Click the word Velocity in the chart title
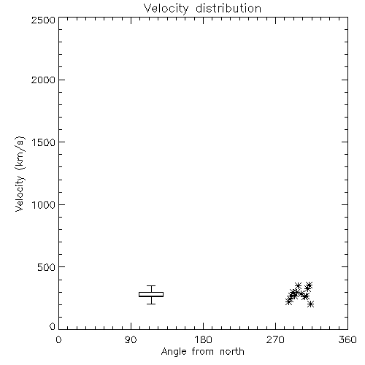(x=166, y=9)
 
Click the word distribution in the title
(x=228, y=8)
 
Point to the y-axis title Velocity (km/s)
(x=20, y=174)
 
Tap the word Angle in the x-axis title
(x=174, y=352)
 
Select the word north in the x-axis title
(x=232, y=351)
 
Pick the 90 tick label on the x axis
(x=131, y=339)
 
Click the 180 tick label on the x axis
(x=203, y=339)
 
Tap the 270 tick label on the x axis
(x=275, y=339)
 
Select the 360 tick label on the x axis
(x=347, y=339)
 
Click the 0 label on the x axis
(x=58, y=339)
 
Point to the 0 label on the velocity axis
(x=53, y=326)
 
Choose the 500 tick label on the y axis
(x=46, y=267)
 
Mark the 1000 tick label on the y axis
(x=44, y=205)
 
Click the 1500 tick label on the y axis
(x=44, y=142)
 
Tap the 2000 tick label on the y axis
(x=43, y=80)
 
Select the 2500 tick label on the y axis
(x=43, y=20)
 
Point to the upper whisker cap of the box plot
(x=151, y=285)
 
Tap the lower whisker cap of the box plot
(x=151, y=304)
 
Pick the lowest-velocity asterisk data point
(x=310, y=304)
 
